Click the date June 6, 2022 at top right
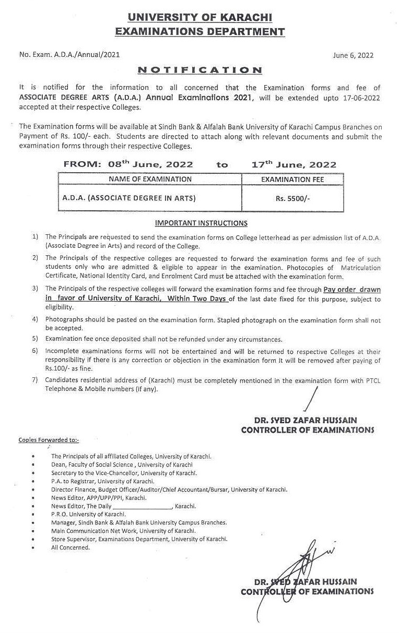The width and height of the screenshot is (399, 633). [353, 56]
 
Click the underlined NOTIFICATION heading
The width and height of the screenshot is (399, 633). [199, 70]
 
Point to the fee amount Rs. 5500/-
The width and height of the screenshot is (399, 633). [292, 198]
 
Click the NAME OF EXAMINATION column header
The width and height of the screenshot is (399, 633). [150, 179]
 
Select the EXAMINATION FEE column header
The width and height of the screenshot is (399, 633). [292, 179]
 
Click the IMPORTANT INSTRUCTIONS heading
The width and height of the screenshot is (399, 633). [201, 223]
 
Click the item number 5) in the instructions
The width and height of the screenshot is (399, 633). [35, 339]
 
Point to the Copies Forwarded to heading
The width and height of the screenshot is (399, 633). [49, 440]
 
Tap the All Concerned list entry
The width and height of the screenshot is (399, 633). [71, 547]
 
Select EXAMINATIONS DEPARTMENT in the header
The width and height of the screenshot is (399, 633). [199, 32]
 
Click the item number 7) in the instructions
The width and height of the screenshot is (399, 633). [35, 380]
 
